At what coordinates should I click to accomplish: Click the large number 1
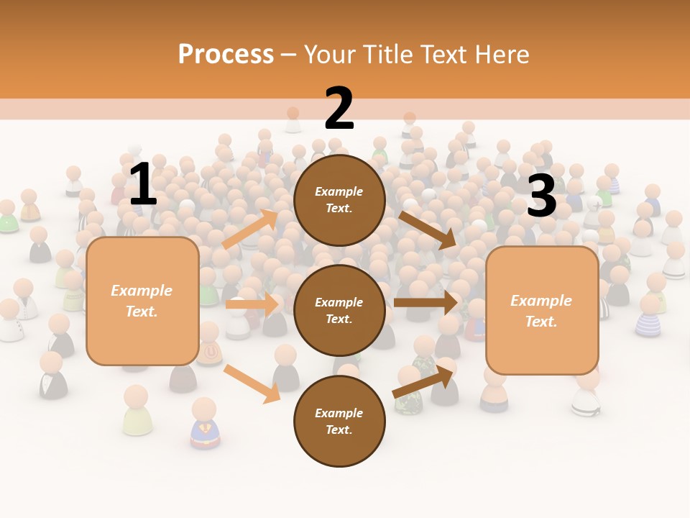(x=143, y=185)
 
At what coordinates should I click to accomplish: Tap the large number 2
(x=339, y=109)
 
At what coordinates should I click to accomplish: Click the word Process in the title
(x=226, y=54)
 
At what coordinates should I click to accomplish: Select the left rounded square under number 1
(x=142, y=301)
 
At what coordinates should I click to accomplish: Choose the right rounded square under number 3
(x=542, y=310)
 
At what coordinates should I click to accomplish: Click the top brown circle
(x=339, y=200)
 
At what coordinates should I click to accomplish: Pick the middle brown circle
(x=339, y=310)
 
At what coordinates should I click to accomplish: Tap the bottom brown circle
(x=339, y=421)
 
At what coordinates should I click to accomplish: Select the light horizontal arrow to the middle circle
(x=252, y=304)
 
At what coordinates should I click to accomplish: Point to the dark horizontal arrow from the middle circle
(x=425, y=302)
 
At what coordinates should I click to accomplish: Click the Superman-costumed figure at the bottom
(x=204, y=424)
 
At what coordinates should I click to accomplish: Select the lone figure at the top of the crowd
(x=293, y=119)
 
